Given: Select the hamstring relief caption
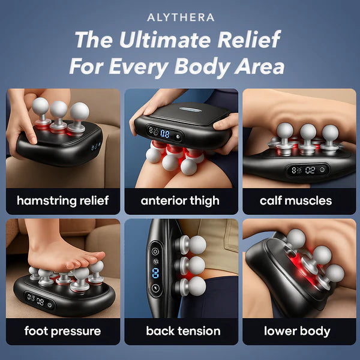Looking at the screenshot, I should (63, 200).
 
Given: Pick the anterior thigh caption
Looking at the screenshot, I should (181, 200).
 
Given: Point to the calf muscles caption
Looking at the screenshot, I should (296, 200).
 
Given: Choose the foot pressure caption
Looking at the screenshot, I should (63, 331).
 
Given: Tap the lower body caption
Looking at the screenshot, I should (296, 331).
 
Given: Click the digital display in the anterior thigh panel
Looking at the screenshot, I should (157, 134).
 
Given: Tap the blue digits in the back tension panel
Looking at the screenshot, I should (155, 274).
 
